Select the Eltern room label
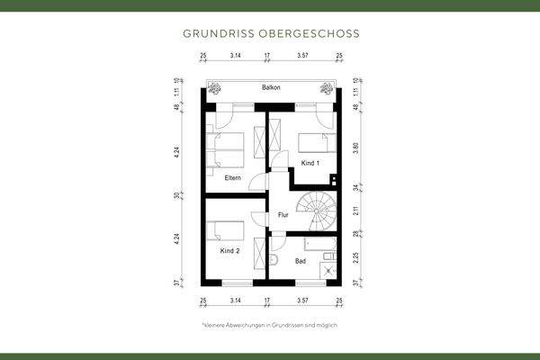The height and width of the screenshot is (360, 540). pyautogui.click(x=232, y=177)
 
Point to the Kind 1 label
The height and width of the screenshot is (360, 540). pyautogui.click(x=310, y=163)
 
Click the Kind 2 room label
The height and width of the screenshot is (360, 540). pyautogui.click(x=230, y=250)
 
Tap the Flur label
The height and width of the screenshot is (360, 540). pyautogui.click(x=283, y=215)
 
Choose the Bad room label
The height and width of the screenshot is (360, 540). pyautogui.click(x=301, y=261)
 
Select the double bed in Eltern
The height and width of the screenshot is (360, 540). pyautogui.click(x=226, y=148)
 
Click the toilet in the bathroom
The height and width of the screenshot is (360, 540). pyautogui.click(x=274, y=262)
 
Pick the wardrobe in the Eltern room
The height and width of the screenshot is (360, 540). pyautogui.click(x=262, y=143)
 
